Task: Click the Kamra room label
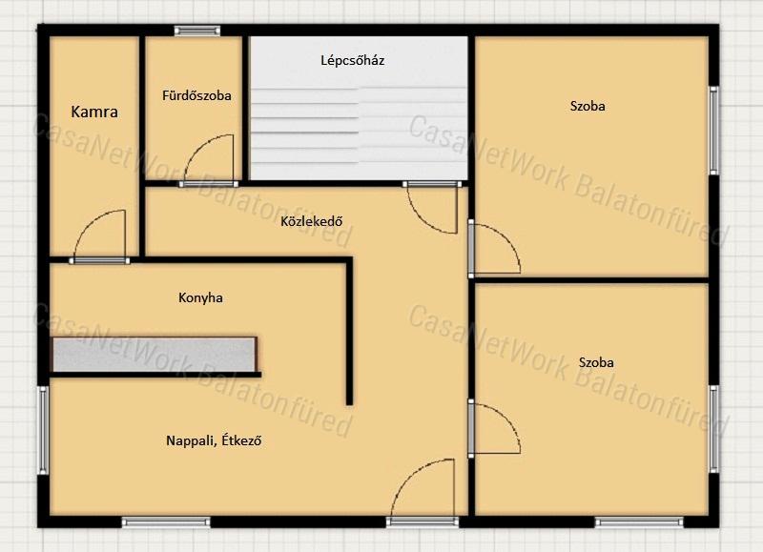[x=94, y=112]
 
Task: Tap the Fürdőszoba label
[x=196, y=95]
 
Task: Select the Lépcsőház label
[x=353, y=60]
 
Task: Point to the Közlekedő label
[x=312, y=221]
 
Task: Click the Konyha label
[x=200, y=297]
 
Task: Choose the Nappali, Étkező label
[x=214, y=440]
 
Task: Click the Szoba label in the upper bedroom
[x=588, y=106]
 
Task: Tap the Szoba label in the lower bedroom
[x=596, y=362]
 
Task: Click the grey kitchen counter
[x=154, y=355]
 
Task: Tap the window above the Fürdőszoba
[x=197, y=31]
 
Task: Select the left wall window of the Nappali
[x=43, y=430]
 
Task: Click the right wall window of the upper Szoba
[x=713, y=131]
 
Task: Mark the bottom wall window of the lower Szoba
[x=639, y=522]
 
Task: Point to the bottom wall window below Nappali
[x=166, y=522]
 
